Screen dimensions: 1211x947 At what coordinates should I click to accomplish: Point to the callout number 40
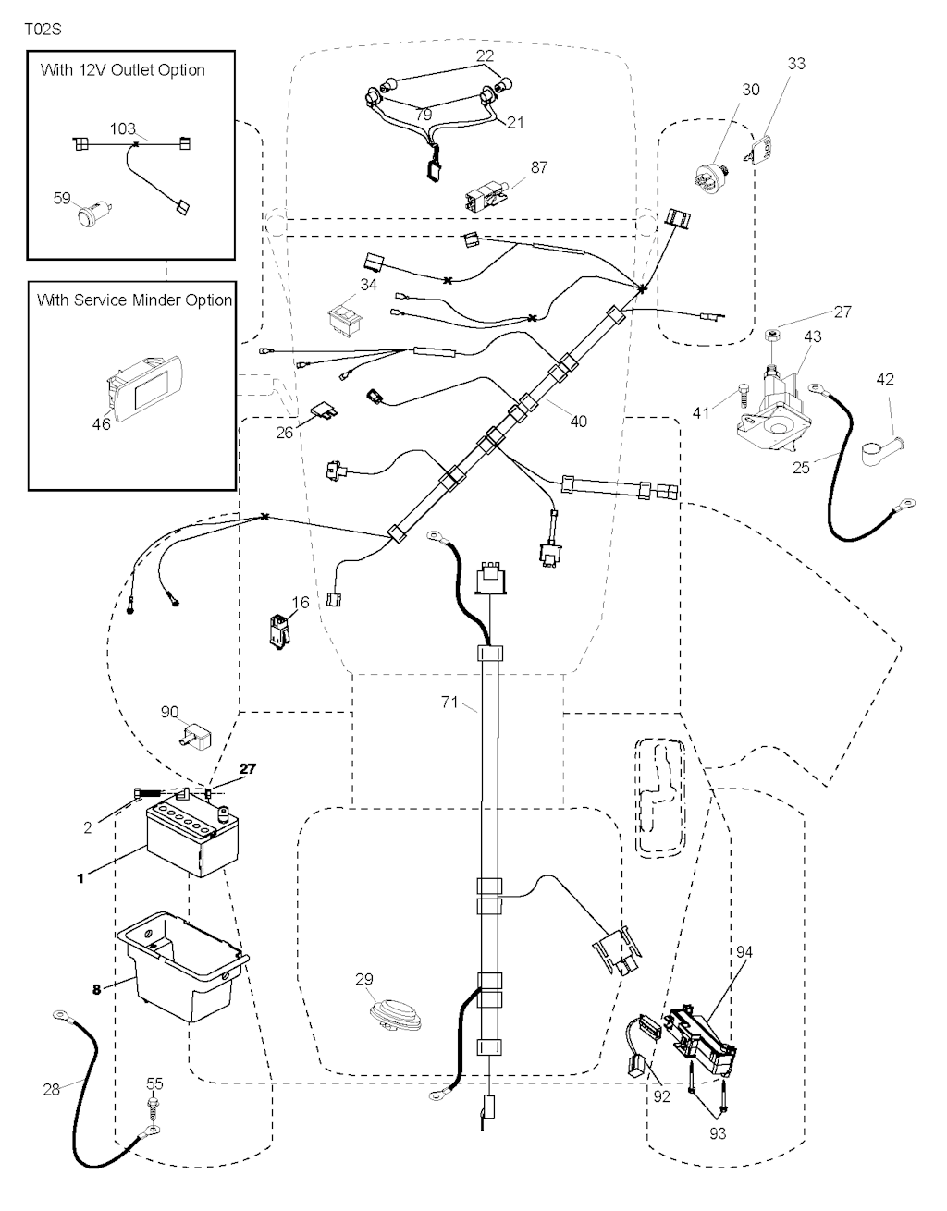coord(578,422)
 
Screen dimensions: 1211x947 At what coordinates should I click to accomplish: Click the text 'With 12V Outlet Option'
coord(123,70)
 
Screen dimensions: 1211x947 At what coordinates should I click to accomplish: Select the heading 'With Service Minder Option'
coord(134,300)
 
